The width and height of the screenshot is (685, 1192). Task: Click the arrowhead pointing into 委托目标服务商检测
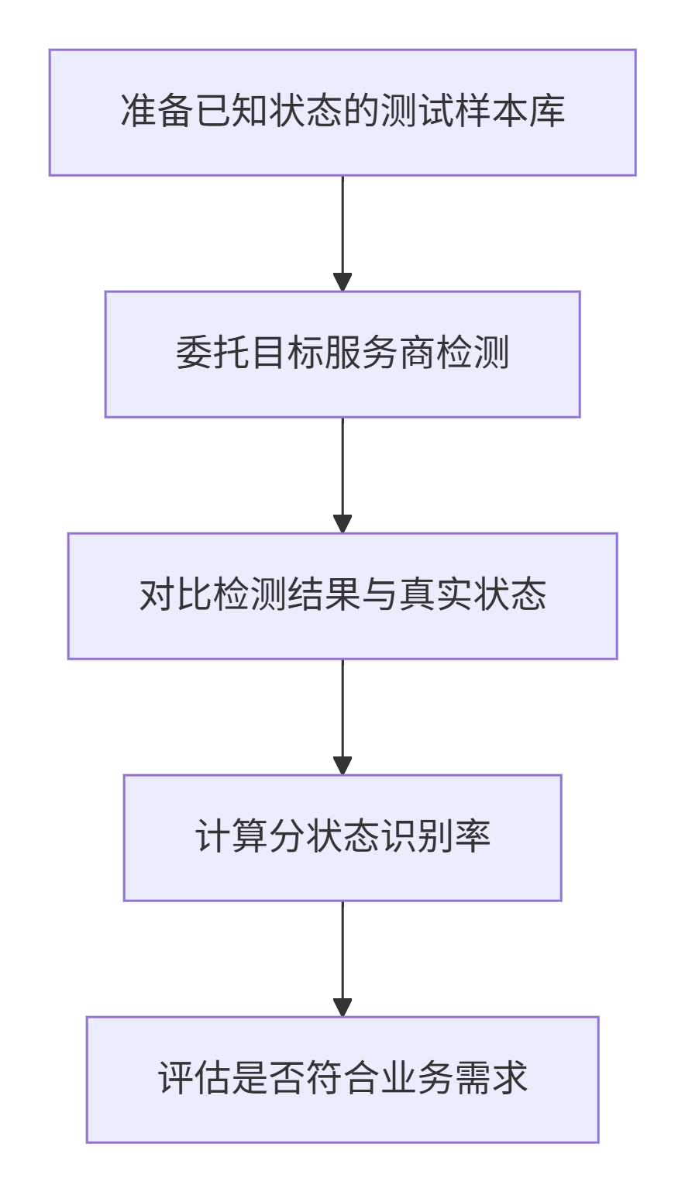point(342,282)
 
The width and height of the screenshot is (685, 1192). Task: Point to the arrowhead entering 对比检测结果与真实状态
point(342,524)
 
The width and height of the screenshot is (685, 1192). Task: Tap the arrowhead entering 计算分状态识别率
point(342,766)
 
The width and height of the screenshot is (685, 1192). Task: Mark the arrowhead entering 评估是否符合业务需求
point(342,1008)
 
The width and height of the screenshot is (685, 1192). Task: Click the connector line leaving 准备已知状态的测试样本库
point(342,225)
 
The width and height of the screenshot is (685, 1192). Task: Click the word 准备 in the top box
point(157,111)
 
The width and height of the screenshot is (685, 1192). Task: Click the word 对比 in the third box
point(176,595)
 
